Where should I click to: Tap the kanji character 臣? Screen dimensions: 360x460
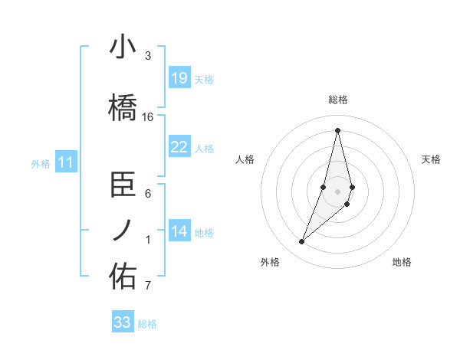pos(123,185)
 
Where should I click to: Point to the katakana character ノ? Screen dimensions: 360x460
pos(123,230)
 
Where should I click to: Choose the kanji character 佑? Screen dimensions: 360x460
pos(123,277)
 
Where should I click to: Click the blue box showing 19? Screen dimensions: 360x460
pos(179,78)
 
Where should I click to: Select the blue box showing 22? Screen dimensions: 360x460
pos(179,147)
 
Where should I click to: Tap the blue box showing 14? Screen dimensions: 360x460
pos(179,231)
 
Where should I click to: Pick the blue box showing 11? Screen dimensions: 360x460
pos(66,162)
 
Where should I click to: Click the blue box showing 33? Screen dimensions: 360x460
pos(123,322)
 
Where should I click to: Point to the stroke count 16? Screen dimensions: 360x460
pos(148,117)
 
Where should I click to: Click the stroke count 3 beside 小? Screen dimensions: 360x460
pos(148,56)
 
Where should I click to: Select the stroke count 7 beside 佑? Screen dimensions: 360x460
pos(148,286)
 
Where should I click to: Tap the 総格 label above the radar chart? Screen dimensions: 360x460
pos(337,100)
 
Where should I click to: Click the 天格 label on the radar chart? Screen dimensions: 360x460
pos(432,159)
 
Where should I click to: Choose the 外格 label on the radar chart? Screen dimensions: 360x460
pos(270,262)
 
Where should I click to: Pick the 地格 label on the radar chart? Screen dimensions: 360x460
pos(402,262)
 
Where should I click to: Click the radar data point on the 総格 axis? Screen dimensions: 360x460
pos(337,130)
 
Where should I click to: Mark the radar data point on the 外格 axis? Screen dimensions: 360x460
pos(302,241)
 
